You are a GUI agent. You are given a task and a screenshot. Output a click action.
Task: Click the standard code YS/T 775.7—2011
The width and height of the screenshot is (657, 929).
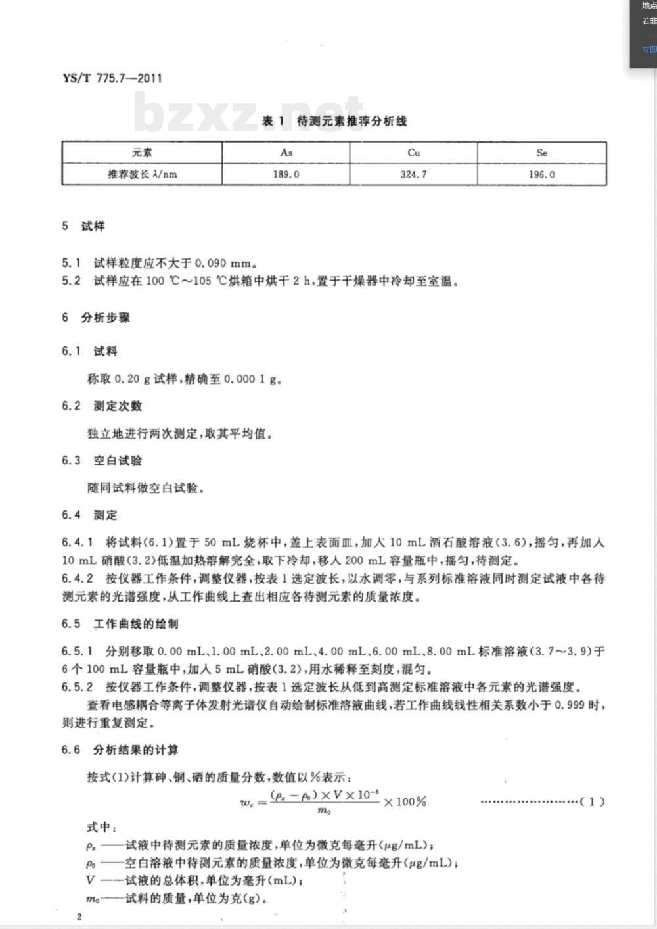tap(112, 78)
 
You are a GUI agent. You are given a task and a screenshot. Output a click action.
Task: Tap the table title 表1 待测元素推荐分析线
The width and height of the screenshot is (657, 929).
tap(334, 121)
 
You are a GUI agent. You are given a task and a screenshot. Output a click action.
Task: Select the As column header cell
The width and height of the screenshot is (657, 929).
tap(286, 153)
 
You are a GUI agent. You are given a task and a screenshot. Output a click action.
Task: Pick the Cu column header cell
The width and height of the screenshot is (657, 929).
tap(413, 153)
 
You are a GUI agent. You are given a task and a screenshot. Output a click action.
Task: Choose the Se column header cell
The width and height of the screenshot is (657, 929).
tap(541, 153)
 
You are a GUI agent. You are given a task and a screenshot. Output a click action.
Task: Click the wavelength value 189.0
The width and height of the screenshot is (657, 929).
tap(286, 174)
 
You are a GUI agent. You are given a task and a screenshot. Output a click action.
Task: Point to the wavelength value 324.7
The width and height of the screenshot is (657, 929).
tap(413, 174)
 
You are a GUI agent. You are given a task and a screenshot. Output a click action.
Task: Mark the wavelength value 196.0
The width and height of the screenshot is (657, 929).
tap(541, 174)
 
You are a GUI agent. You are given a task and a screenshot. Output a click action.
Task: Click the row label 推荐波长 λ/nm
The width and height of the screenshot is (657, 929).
tap(143, 174)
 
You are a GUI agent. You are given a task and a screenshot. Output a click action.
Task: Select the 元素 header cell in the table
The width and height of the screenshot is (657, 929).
tap(142, 153)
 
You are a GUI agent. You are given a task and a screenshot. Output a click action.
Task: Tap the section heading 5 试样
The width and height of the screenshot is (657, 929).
tap(83, 226)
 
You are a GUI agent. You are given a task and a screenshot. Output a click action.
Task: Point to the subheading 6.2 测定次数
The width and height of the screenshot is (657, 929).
tap(102, 406)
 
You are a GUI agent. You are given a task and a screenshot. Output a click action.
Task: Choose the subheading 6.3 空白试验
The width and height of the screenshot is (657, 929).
tap(102, 460)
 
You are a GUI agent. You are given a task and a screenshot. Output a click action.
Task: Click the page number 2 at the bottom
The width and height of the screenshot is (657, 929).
tap(79, 917)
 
